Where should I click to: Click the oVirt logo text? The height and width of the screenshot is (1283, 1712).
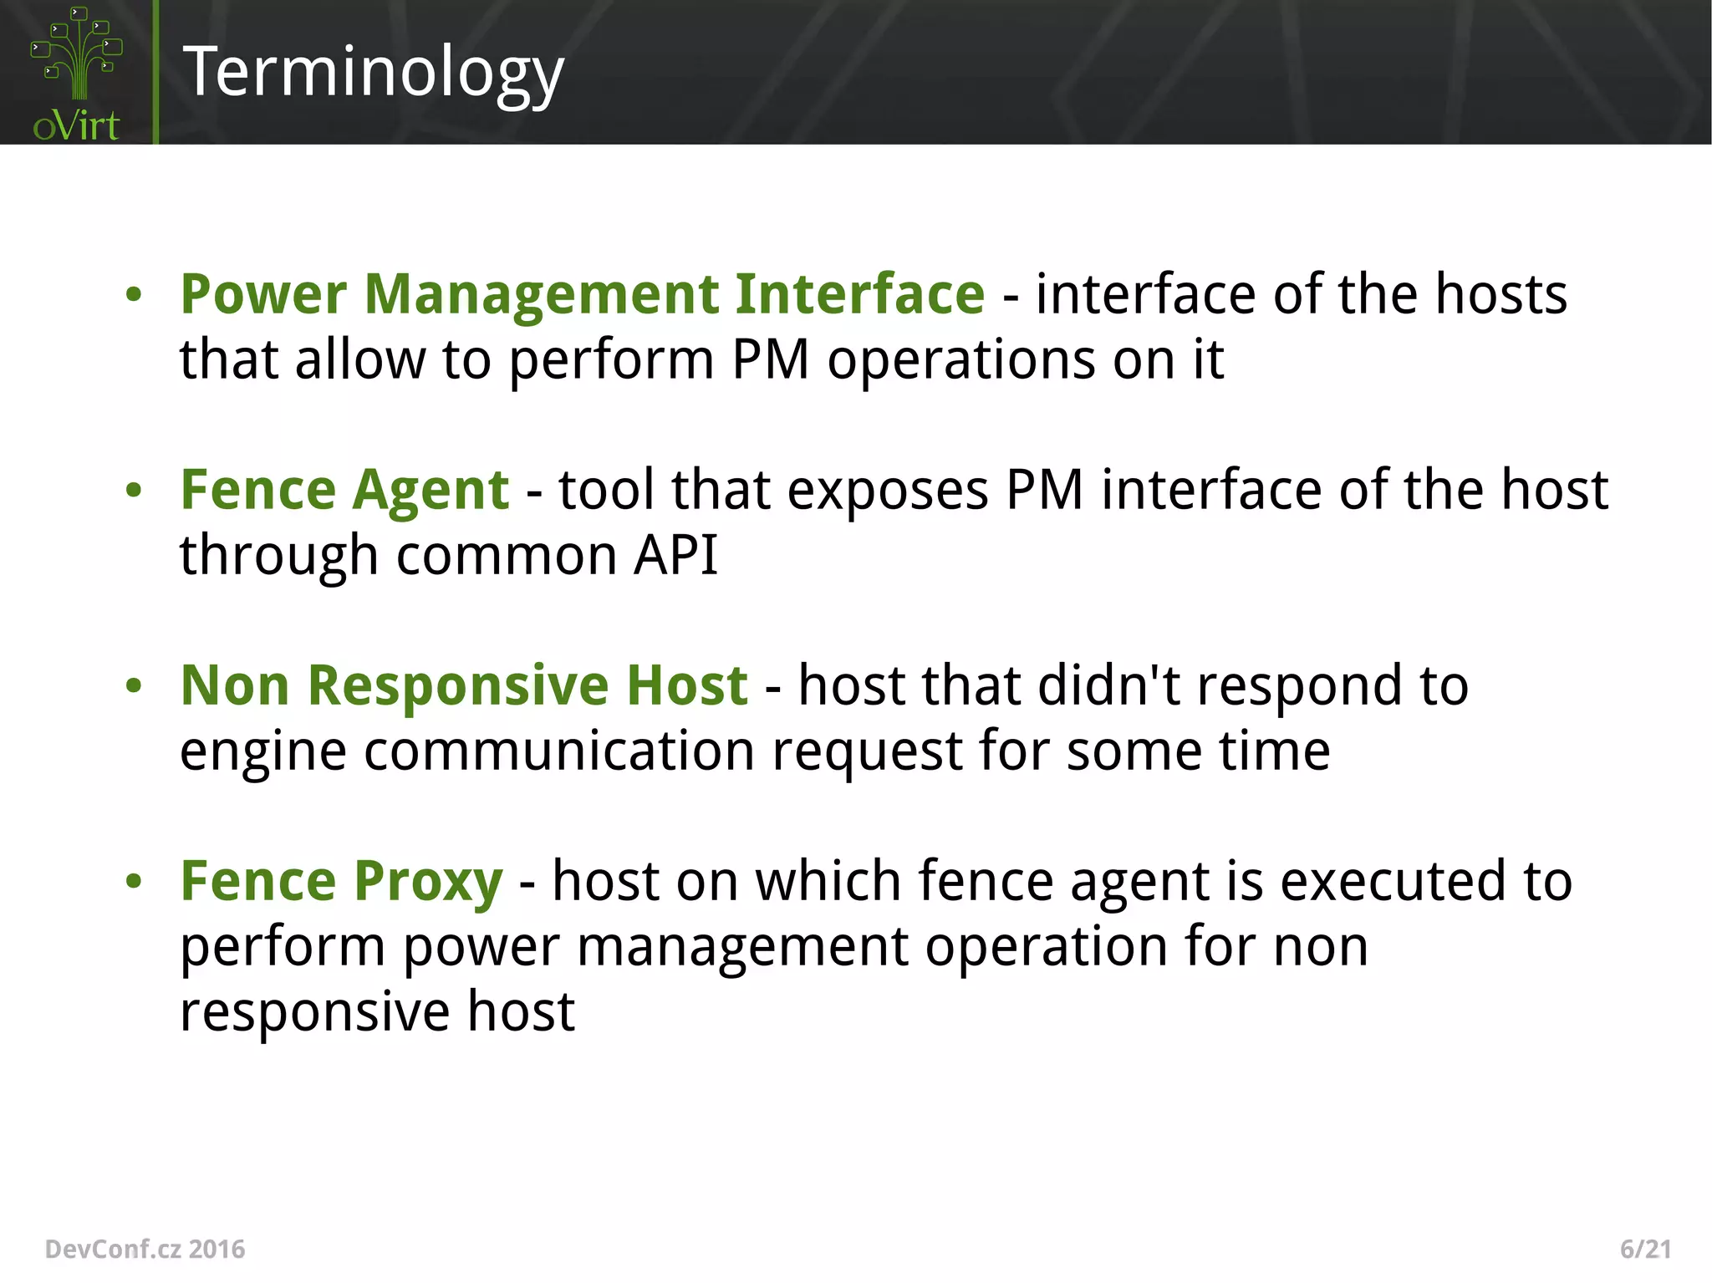76,126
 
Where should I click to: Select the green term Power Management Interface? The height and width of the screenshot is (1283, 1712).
583,294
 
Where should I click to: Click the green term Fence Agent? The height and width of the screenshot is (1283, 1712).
344,490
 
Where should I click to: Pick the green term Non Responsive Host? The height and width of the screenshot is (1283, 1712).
464,685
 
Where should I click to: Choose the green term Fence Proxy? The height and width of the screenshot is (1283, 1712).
342,881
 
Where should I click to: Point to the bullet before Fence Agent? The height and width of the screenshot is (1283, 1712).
134,491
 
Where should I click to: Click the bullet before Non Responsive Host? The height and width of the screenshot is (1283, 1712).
134,686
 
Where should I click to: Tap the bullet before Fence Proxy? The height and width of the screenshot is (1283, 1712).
134,882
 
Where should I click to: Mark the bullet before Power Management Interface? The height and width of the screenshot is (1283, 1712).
134,295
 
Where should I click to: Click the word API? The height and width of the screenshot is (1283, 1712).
675,555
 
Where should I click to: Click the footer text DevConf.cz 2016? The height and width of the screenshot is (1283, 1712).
145,1249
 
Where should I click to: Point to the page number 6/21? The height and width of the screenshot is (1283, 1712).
1645,1249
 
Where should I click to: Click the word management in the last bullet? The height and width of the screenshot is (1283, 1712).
741,946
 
